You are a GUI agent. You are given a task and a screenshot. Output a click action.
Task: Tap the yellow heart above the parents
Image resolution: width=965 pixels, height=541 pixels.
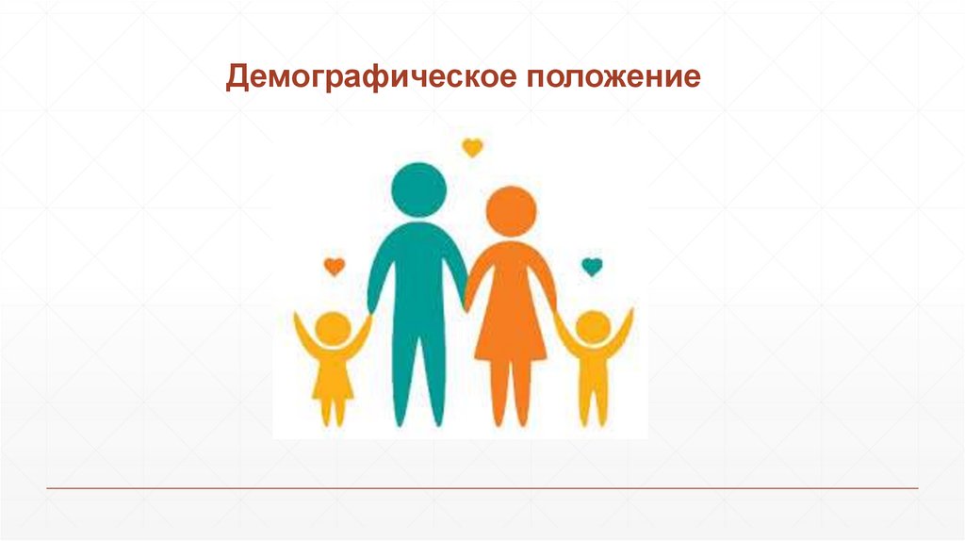(x=472, y=147)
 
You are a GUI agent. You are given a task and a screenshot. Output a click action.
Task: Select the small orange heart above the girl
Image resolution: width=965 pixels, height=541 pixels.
(x=335, y=267)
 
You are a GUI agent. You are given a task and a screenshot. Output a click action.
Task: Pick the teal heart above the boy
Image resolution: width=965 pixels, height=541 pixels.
(x=591, y=267)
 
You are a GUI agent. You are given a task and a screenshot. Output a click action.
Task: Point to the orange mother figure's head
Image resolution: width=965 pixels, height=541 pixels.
(x=510, y=211)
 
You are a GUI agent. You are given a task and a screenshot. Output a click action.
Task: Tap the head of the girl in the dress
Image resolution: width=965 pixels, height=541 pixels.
(x=333, y=330)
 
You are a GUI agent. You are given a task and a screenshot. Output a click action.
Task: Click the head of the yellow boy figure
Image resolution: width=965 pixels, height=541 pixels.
(x=593, y=328)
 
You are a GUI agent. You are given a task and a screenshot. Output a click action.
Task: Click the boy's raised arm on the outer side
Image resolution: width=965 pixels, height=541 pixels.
(x=624, y=330)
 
